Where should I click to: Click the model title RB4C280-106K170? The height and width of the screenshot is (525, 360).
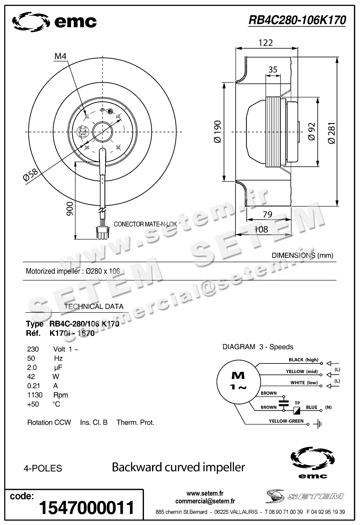pyautogui.click(x=297, y=20)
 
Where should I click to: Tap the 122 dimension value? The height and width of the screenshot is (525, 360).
pyautogui.click(x=265, y=43)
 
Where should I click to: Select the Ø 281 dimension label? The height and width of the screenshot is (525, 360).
pyautogui.click(x=331, y=133)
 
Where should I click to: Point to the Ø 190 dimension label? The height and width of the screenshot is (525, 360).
pyautogui.click(x=218, y=132)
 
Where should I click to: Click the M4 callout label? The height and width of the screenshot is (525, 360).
pyautogui.click(x=60, y=56)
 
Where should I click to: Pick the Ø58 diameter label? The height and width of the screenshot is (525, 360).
pyautogui.click(x=30, y=175)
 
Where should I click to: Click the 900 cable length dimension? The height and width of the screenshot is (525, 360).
pyautogui.click(x=70, y=208)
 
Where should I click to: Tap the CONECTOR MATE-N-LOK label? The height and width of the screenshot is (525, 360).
pyautogui.click(x=145, y=224)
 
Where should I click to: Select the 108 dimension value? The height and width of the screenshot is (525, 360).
pyautogui.click(x=261, y=229)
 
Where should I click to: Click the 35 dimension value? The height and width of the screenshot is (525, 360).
pyautogui.click(x=273, y=69)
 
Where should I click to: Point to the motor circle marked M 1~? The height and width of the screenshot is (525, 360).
pyautogui.click(x=238, y=381)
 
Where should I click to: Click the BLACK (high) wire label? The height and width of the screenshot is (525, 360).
pyautogui.click(x=303, y=360)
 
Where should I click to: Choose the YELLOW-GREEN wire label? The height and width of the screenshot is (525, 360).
pyautogui.click(x=286, y=421)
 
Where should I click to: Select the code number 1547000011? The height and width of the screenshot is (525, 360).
pyautogui.click(x=86, y=507)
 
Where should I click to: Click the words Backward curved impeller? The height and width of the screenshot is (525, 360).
pyautogui.click(x=178, y=467)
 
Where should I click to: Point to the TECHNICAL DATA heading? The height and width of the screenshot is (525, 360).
pyautogui.click(x=94, y=306)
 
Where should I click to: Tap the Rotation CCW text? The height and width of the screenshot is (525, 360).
pyautogui.click(x=49, y=422)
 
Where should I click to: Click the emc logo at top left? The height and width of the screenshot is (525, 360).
pyautogui.click(x=54, y=22)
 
